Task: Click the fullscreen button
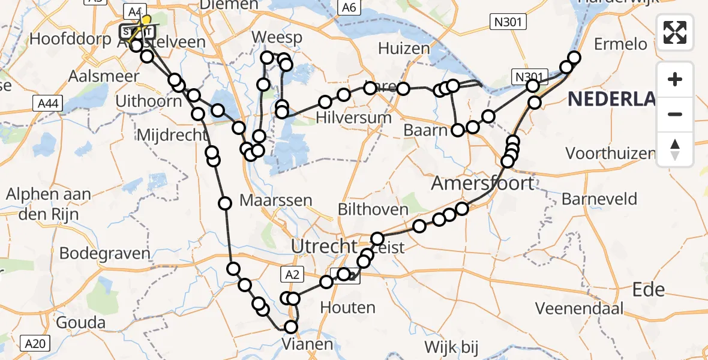click(675, 32)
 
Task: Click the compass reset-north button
click(675, 149)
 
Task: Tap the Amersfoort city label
click(482, 182)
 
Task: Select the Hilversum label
click(355, 118)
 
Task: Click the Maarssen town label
click(275, 200)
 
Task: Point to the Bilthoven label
click(373, 210)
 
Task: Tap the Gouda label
click(80, 323)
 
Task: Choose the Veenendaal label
click(580, 309)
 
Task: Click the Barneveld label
click(599, 199)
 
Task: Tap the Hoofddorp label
click(71, 40)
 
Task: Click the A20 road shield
click(36, 343)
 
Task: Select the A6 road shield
click(349, 7)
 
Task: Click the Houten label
click(348, 308)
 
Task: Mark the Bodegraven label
click(105, 254)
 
